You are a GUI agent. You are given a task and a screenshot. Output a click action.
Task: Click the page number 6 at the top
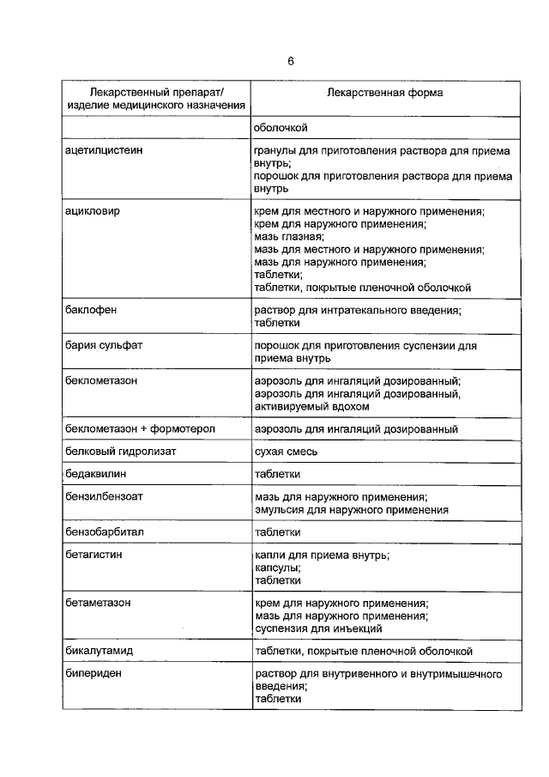pos(291,61)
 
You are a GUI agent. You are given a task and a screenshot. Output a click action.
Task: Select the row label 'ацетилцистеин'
pos(104,150)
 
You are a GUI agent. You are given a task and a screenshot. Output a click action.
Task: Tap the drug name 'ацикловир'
pos(93,210)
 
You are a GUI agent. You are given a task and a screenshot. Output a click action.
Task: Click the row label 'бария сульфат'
pos(103,345)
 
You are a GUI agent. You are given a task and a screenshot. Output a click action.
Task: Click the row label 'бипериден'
pos(93,674)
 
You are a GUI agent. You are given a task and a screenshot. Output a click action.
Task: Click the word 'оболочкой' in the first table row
pos(281,128)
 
